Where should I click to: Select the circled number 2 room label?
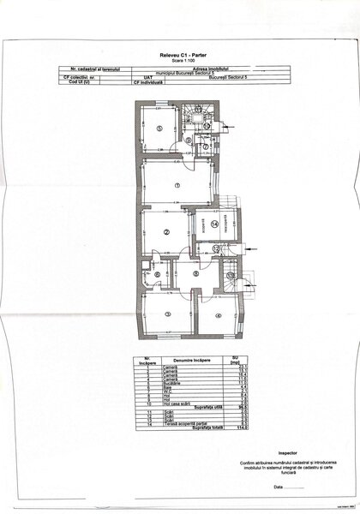[169, 229]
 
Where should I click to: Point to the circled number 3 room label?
[168, 315]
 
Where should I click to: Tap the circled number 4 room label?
[219, 315]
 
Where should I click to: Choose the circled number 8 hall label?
[195, 274]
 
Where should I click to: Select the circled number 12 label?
[217, 248]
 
